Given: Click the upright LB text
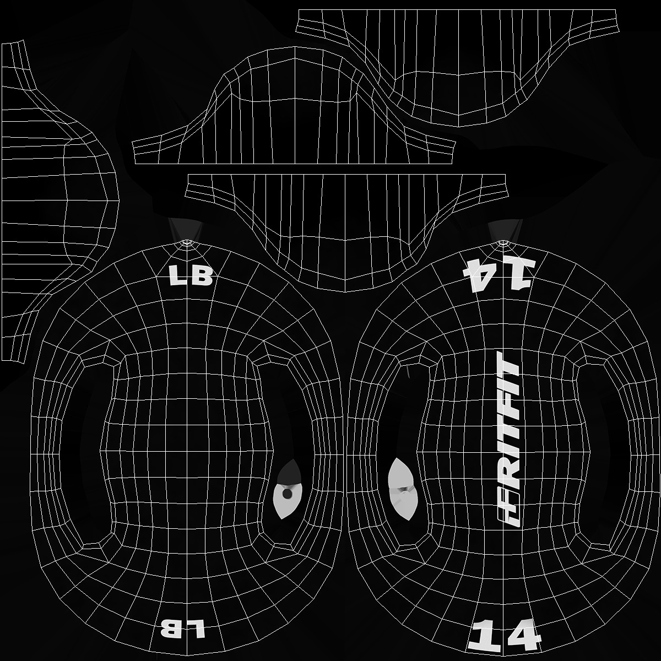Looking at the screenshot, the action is click(191, 276).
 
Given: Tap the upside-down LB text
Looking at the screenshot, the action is click(182, 629).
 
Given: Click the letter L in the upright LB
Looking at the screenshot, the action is click(178, 277).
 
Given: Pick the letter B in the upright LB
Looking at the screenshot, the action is click(201, 276).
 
